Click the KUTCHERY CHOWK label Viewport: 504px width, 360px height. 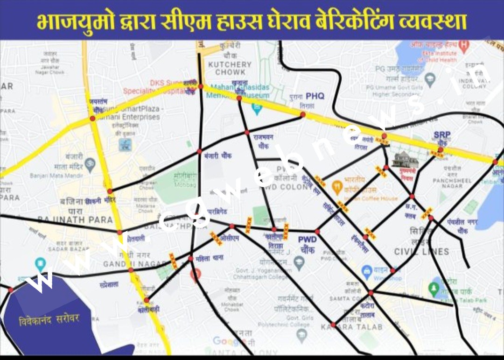[230, 68]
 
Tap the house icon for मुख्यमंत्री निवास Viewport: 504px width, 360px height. [405, 160]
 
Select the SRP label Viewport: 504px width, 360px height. [442, 135]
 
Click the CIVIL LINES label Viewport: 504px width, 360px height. [421, 252]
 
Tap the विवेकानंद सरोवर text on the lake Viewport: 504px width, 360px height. [49, 320]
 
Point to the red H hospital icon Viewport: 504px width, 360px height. [463, 45]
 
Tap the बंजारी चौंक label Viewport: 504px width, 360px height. [218, 155]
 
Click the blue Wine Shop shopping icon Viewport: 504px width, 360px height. [367, 271]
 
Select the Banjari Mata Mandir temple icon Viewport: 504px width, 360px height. [90, 164]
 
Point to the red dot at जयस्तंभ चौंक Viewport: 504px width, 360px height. [92, 119]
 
